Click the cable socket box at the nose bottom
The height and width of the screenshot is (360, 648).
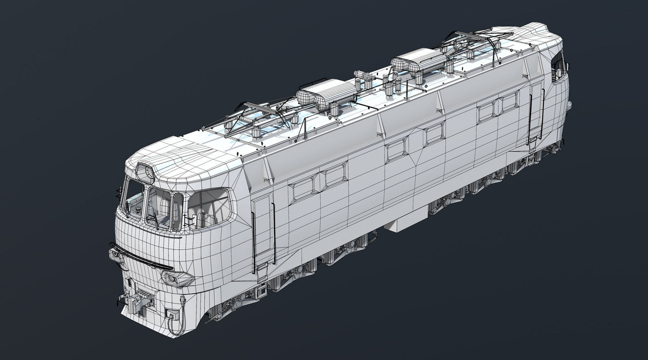[171, 314]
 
